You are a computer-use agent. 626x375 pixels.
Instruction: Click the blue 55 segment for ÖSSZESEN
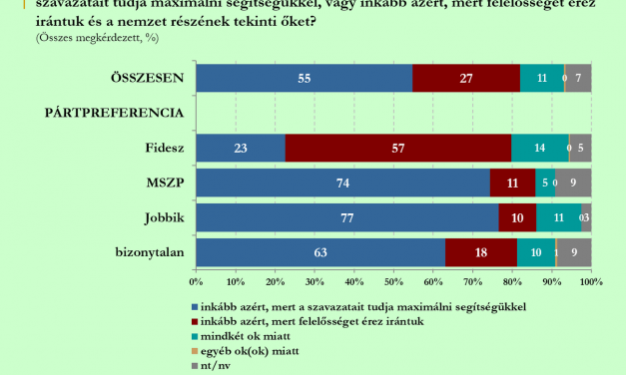tap(305, 78)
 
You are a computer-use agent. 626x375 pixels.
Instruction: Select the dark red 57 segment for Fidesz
tap(398, 148)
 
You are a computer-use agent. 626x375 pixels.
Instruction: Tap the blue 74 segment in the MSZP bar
tap(342, 183)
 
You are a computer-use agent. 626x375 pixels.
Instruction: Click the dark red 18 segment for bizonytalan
tap(481, 252)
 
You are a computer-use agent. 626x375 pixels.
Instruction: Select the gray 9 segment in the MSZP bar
tap(573, 183)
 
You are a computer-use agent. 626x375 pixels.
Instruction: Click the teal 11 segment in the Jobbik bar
tap(558, 217)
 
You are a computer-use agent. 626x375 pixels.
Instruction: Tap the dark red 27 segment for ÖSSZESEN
tap(466, 78)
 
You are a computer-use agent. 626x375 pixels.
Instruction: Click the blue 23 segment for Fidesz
tap(241, 148)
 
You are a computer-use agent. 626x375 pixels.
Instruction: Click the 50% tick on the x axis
tap(393, 282)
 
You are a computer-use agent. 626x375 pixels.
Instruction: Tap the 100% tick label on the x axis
tap(589, 282)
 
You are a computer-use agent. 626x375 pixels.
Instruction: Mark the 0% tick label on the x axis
tap(197, 282)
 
